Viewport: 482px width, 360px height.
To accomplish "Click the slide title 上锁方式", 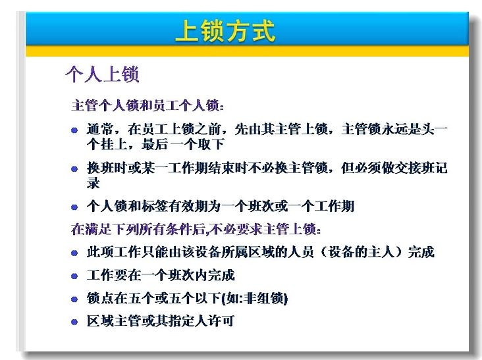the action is point(225,31).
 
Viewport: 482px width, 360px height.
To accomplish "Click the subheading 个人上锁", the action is point(102,74).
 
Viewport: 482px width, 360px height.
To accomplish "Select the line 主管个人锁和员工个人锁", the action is point(147,105).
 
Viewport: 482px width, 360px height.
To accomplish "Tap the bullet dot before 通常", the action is point(74,130).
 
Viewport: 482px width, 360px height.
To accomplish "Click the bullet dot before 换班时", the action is point(74,169).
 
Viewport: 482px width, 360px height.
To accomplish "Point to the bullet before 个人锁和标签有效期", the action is point(74,207).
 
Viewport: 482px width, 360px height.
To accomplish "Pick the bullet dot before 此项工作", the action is point(74,253).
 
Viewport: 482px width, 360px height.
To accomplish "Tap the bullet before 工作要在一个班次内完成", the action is point(74,276).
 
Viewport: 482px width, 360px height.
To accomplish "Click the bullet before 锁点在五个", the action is point(74,299).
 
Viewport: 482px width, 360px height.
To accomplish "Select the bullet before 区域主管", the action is point(74,322).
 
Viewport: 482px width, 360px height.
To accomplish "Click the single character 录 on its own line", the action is point(93,183).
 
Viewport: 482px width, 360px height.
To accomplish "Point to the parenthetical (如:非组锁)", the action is point(255,298).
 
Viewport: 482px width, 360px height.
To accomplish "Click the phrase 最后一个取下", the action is point(182,144).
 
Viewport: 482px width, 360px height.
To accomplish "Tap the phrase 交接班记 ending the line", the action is point(421,168).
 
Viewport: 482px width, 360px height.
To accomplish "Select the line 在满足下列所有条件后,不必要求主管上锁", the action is point(196,229).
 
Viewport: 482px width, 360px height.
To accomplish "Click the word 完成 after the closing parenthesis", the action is point(421,252).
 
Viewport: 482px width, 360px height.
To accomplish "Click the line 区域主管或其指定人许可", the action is point(161,321).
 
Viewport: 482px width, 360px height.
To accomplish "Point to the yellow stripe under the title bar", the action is point(247,51).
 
